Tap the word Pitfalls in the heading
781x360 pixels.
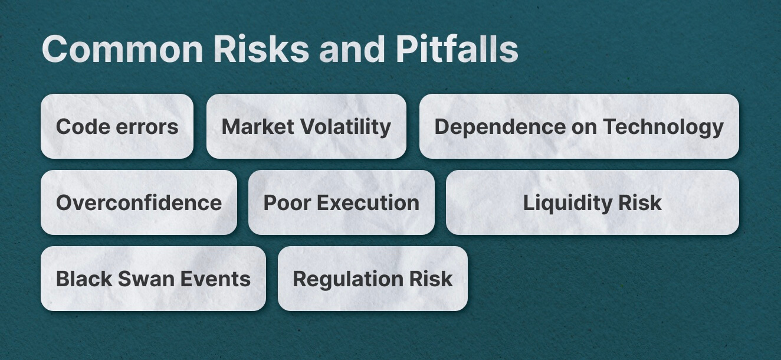pos(457,49)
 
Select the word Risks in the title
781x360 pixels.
pos(261,49)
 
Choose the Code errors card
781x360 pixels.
pos(117,126)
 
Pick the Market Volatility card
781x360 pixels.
pos(306,126)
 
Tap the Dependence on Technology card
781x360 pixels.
pos(579,126)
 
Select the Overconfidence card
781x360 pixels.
pos(139,202)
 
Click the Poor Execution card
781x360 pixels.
pos(341,202)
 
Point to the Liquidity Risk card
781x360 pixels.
pos(592,202)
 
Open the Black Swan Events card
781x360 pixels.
pos(153,279)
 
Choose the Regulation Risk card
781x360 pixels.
pos(372,279)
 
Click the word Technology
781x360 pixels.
pos(663,127)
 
